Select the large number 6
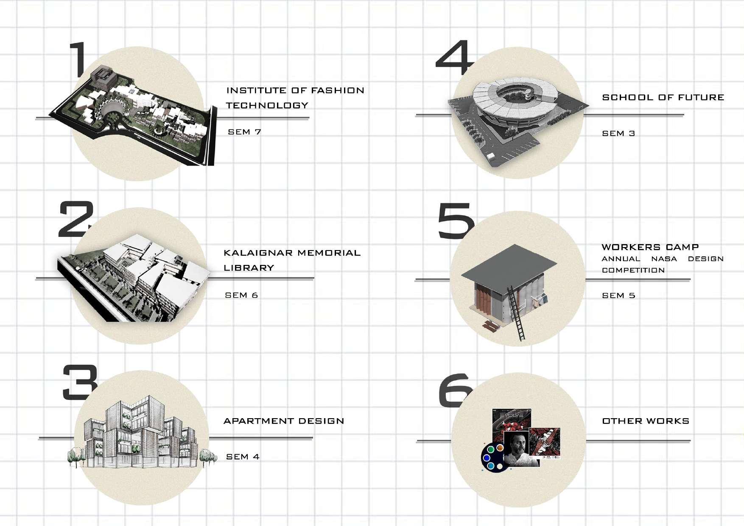(454, 391)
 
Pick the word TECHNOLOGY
(267, 105)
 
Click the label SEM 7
(244, 132)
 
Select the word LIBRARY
(249, 268)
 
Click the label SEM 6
(241, 295)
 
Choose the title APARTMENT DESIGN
(284, 421)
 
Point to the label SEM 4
(243, 457)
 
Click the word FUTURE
(701, 97)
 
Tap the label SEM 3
(618, 133)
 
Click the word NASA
(664, 259)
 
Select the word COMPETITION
(633, 270)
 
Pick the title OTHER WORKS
(646, 421)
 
